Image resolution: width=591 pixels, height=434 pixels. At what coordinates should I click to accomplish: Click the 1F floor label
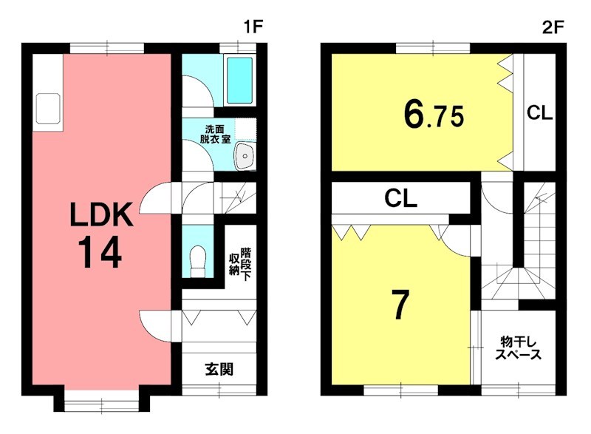253,27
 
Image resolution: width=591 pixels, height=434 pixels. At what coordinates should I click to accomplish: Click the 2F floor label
553,27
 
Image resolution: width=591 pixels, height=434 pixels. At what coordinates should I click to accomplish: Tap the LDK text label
102,214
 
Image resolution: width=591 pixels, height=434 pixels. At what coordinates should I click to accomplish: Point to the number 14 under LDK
100,252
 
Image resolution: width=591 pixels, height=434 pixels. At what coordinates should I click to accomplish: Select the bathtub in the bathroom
240,81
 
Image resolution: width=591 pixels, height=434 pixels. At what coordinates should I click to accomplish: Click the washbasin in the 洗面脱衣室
245,156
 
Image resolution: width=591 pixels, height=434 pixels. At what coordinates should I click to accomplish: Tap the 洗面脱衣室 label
215,134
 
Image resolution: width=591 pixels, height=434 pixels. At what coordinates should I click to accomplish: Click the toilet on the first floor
198,261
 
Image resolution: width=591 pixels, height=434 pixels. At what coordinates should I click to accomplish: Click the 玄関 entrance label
219,369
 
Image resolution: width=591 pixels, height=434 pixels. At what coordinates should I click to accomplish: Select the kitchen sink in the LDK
48,109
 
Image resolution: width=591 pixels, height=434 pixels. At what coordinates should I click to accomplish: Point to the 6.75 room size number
434,115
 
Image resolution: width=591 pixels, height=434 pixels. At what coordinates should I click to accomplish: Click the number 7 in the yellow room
400,305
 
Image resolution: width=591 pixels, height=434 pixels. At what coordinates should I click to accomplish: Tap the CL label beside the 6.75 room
540,112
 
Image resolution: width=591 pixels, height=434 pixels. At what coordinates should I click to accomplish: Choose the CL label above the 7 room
400,198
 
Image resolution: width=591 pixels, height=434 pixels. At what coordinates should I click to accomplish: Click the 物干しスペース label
519,348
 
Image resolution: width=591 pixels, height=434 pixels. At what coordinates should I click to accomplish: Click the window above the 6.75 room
433,49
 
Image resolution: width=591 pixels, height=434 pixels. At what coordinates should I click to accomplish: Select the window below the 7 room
400,390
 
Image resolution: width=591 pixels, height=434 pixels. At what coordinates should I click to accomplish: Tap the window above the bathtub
238,49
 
